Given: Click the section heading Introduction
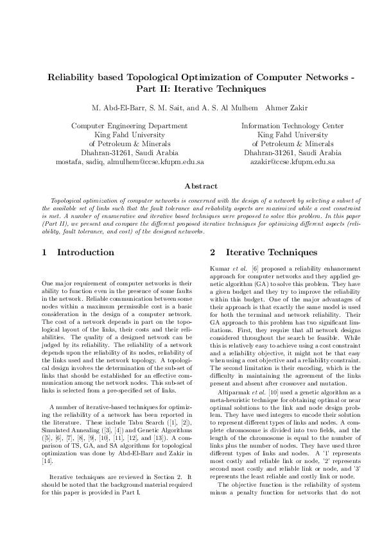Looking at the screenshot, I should (85, 253).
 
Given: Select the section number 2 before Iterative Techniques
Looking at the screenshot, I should (213, 253).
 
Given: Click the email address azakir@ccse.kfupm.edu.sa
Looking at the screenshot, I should (288, 163).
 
